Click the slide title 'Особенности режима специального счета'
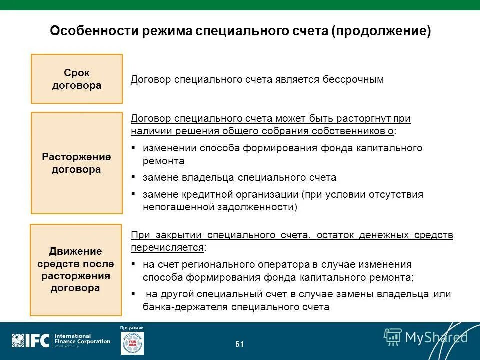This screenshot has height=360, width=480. coord(189,31)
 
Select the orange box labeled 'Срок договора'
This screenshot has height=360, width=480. coord(77,79)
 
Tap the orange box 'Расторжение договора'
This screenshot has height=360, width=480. coord(77,163)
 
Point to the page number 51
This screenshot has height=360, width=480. coord(239,344)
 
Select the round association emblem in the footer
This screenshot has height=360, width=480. coord(132,344)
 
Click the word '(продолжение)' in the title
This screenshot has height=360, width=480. coord(380,31)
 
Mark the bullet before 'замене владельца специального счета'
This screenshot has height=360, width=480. coord(133,178)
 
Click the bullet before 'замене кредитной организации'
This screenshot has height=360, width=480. coord(133,194)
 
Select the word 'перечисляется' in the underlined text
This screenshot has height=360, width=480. coord(167,248)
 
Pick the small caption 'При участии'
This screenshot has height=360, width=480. coord(132,328)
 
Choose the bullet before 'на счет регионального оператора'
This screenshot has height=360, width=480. coord(133,264)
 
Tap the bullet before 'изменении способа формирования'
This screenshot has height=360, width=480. coord(133,148)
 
